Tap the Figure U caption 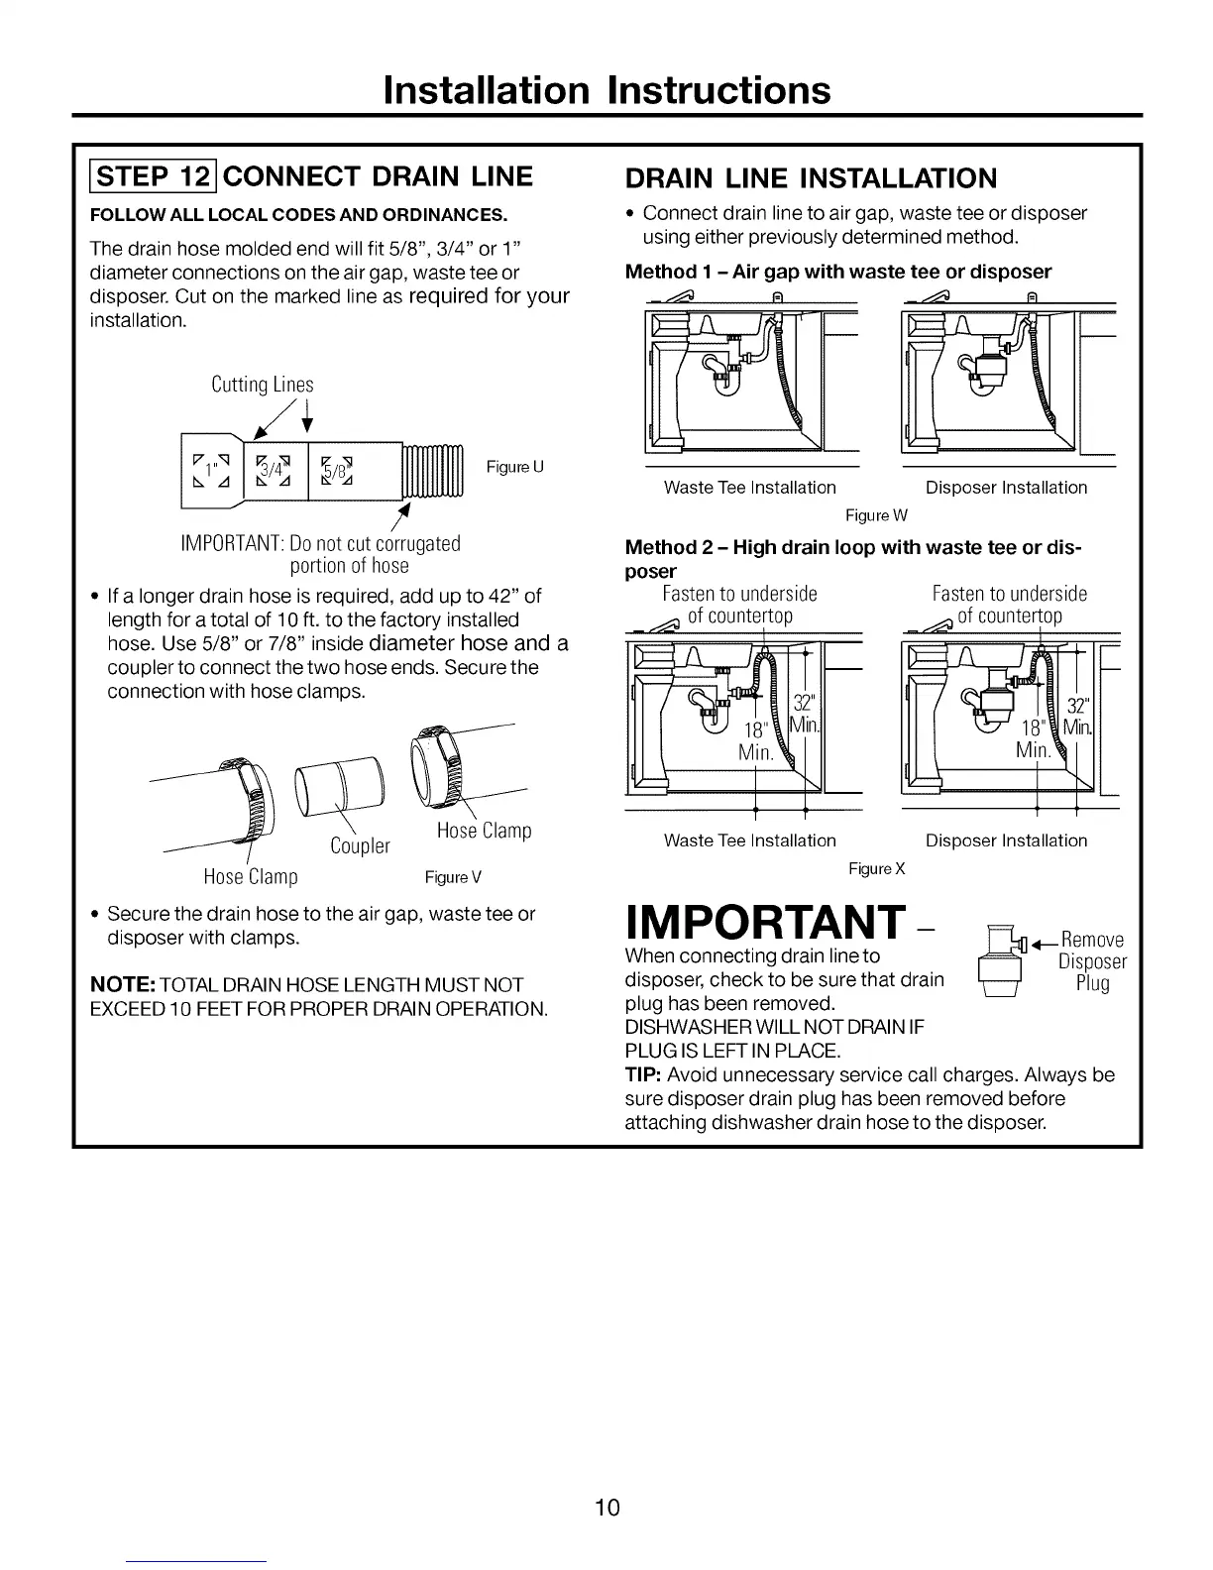(514, 467)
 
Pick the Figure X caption (877, 868)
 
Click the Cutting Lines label (263, 385)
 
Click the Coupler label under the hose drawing (360, 845)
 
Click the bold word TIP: (644, 1075)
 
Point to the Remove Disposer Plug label (1092, 960)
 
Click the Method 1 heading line (838, 272)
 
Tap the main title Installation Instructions (606, 89)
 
